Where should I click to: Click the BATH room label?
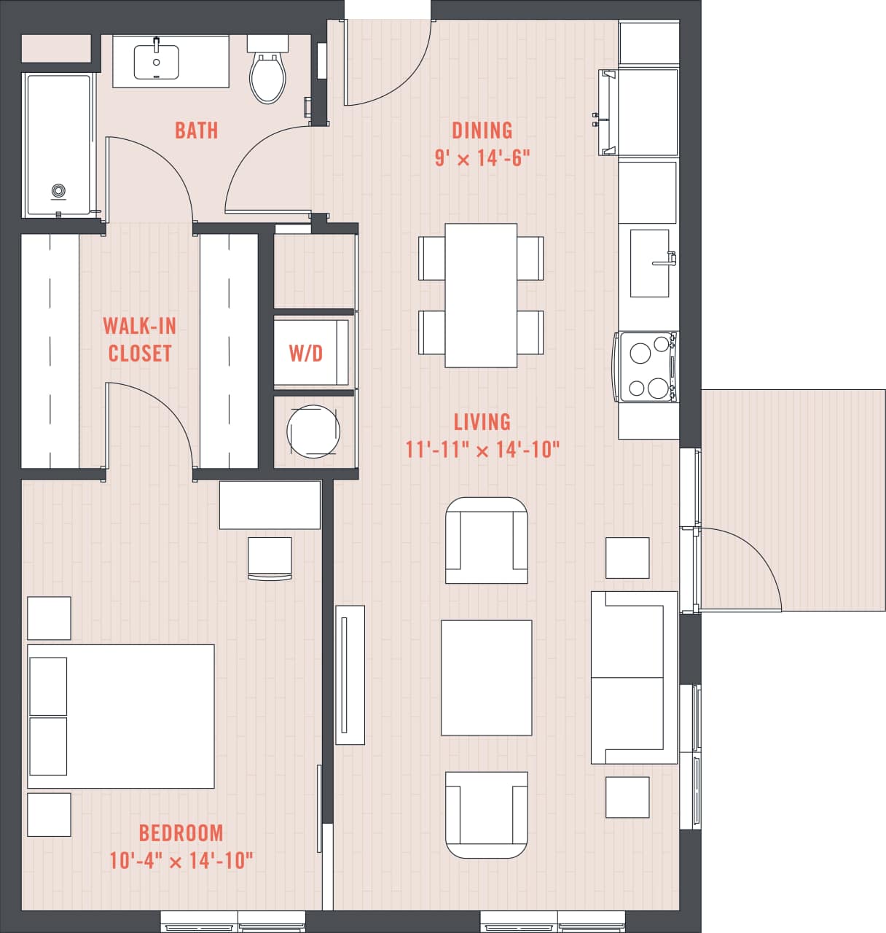point(196,130)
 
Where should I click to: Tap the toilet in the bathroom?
point(267,76)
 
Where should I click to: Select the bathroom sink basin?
point(156,63)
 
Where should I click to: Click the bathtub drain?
point(59,192)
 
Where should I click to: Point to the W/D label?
point(305,354)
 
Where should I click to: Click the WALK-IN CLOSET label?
point(139,339)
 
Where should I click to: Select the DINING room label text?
point(482,130)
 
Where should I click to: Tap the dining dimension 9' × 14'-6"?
point(482,158)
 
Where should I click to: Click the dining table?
point(481,295)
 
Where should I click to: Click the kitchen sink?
point(649,263)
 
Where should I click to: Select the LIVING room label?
point(482,422)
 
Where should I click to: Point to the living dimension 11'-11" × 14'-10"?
point(482,450)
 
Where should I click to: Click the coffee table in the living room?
point(486,678)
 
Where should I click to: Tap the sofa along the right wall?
point(632,678)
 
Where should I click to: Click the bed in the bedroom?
point(121,716)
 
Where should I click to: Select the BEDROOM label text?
point(181,832)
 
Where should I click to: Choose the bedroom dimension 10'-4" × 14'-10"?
point(181,861)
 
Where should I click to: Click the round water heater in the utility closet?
point(313,431)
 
